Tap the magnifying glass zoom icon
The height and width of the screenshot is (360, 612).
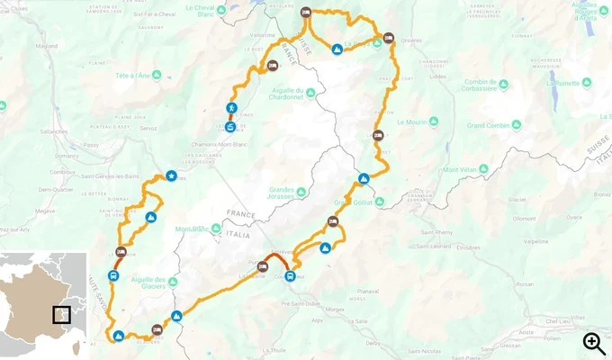(x=593, y=342)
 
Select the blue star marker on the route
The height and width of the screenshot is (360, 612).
(x=171, y=176)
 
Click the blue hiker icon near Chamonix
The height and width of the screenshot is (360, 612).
(x=231, y=109)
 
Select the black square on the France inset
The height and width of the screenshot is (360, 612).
(x=61, y=315)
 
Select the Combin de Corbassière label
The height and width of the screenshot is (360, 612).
(x=493, y=88)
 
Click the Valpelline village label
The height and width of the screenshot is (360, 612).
(x=536, y=241)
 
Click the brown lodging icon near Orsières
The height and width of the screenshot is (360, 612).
(x=389, y=39)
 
